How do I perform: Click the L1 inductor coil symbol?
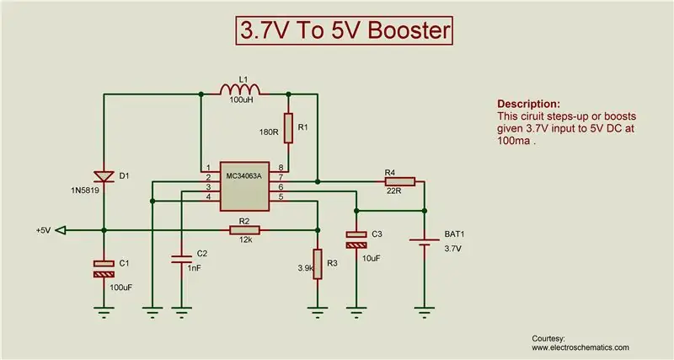point(240,89)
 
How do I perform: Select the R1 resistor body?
point(288,128)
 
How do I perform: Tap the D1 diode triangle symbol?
point(104,176)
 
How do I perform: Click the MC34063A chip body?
point(244,186)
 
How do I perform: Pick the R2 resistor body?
point(244,230)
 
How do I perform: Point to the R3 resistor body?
point(318,264)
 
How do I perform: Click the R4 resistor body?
point(400,181)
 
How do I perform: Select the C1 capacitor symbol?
point(104,269)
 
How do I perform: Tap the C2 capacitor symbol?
point(181,259)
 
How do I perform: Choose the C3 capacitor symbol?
point(356,239)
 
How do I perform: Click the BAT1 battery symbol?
point(425,242)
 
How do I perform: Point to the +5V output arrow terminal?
point(61,230)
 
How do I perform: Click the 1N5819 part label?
point(85,189)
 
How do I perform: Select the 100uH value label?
point(240,99)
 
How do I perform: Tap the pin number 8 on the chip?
point(281,167)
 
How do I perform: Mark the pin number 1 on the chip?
point(208,167)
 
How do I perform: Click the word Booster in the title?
point(409,30)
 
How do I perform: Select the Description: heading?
point(529,104)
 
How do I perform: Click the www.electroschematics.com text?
point(580,347)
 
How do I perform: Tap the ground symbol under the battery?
point(425,312)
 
